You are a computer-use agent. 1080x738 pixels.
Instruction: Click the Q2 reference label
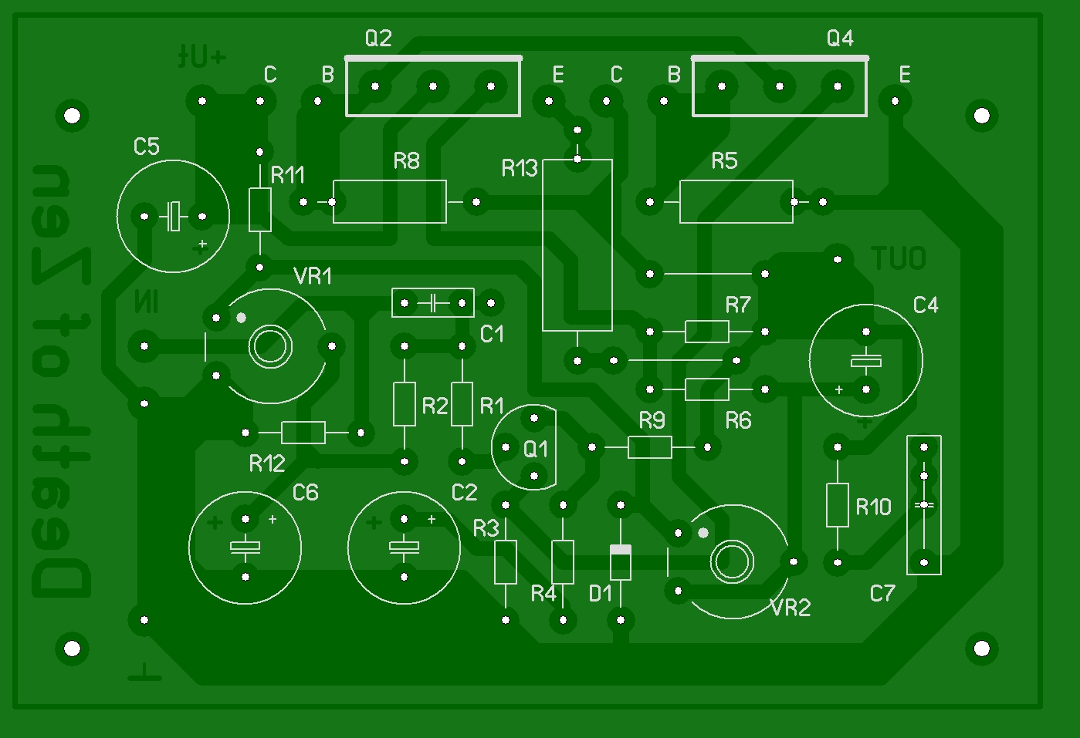[378, 38]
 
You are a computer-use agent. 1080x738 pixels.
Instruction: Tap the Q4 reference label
[840, 38]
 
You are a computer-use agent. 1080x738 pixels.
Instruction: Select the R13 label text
[519, 168]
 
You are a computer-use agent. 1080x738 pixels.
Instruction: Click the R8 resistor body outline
[390, 202]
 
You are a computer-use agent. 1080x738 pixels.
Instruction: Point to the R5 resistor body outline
[736, 202]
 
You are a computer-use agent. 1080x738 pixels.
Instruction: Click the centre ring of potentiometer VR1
[270, 346]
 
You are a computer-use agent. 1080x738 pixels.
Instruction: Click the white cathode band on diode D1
[621, 550]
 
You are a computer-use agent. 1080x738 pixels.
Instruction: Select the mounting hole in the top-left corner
[72, 116]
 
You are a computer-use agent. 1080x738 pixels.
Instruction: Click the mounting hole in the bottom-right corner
[981, 648]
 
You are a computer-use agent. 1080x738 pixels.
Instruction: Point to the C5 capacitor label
[146, 147]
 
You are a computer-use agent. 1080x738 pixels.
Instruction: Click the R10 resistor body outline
[838, 505]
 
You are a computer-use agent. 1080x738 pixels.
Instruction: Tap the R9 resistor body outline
[650, 447]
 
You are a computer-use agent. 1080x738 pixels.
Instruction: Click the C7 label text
[882, 593]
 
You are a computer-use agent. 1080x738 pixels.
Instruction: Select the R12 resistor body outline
[303, 433]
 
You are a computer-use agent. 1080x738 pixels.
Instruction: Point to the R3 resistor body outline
[506, 562]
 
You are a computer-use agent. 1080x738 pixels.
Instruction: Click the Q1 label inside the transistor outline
[535, 449]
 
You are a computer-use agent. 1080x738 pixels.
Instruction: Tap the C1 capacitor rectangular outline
[433, 303]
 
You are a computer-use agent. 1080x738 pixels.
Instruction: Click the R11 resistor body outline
[260, 210]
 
